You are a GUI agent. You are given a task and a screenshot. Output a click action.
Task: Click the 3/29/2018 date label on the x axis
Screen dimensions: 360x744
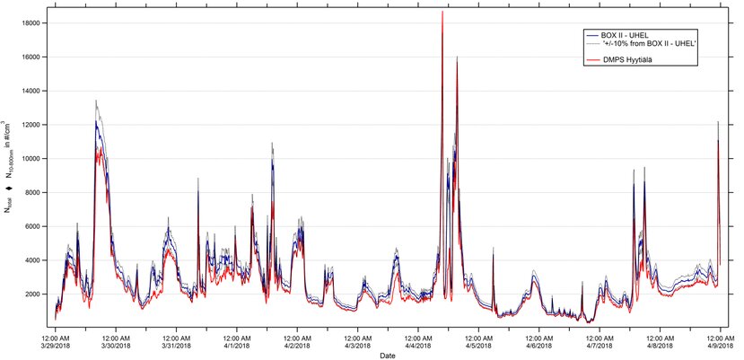(x=55, y=346)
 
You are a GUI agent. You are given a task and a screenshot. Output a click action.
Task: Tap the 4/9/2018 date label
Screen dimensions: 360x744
(x=718, y=346)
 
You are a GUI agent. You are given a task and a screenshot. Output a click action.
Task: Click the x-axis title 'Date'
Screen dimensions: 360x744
(x=387, y=356)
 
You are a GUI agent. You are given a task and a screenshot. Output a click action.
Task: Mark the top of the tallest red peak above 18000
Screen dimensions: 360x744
(x=442, y=12)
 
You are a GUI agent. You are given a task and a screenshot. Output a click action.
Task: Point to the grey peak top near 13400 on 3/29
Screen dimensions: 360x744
(x=96, y=101)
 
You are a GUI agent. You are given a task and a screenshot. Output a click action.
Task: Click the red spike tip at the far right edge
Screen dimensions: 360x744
(x=718, y=140)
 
